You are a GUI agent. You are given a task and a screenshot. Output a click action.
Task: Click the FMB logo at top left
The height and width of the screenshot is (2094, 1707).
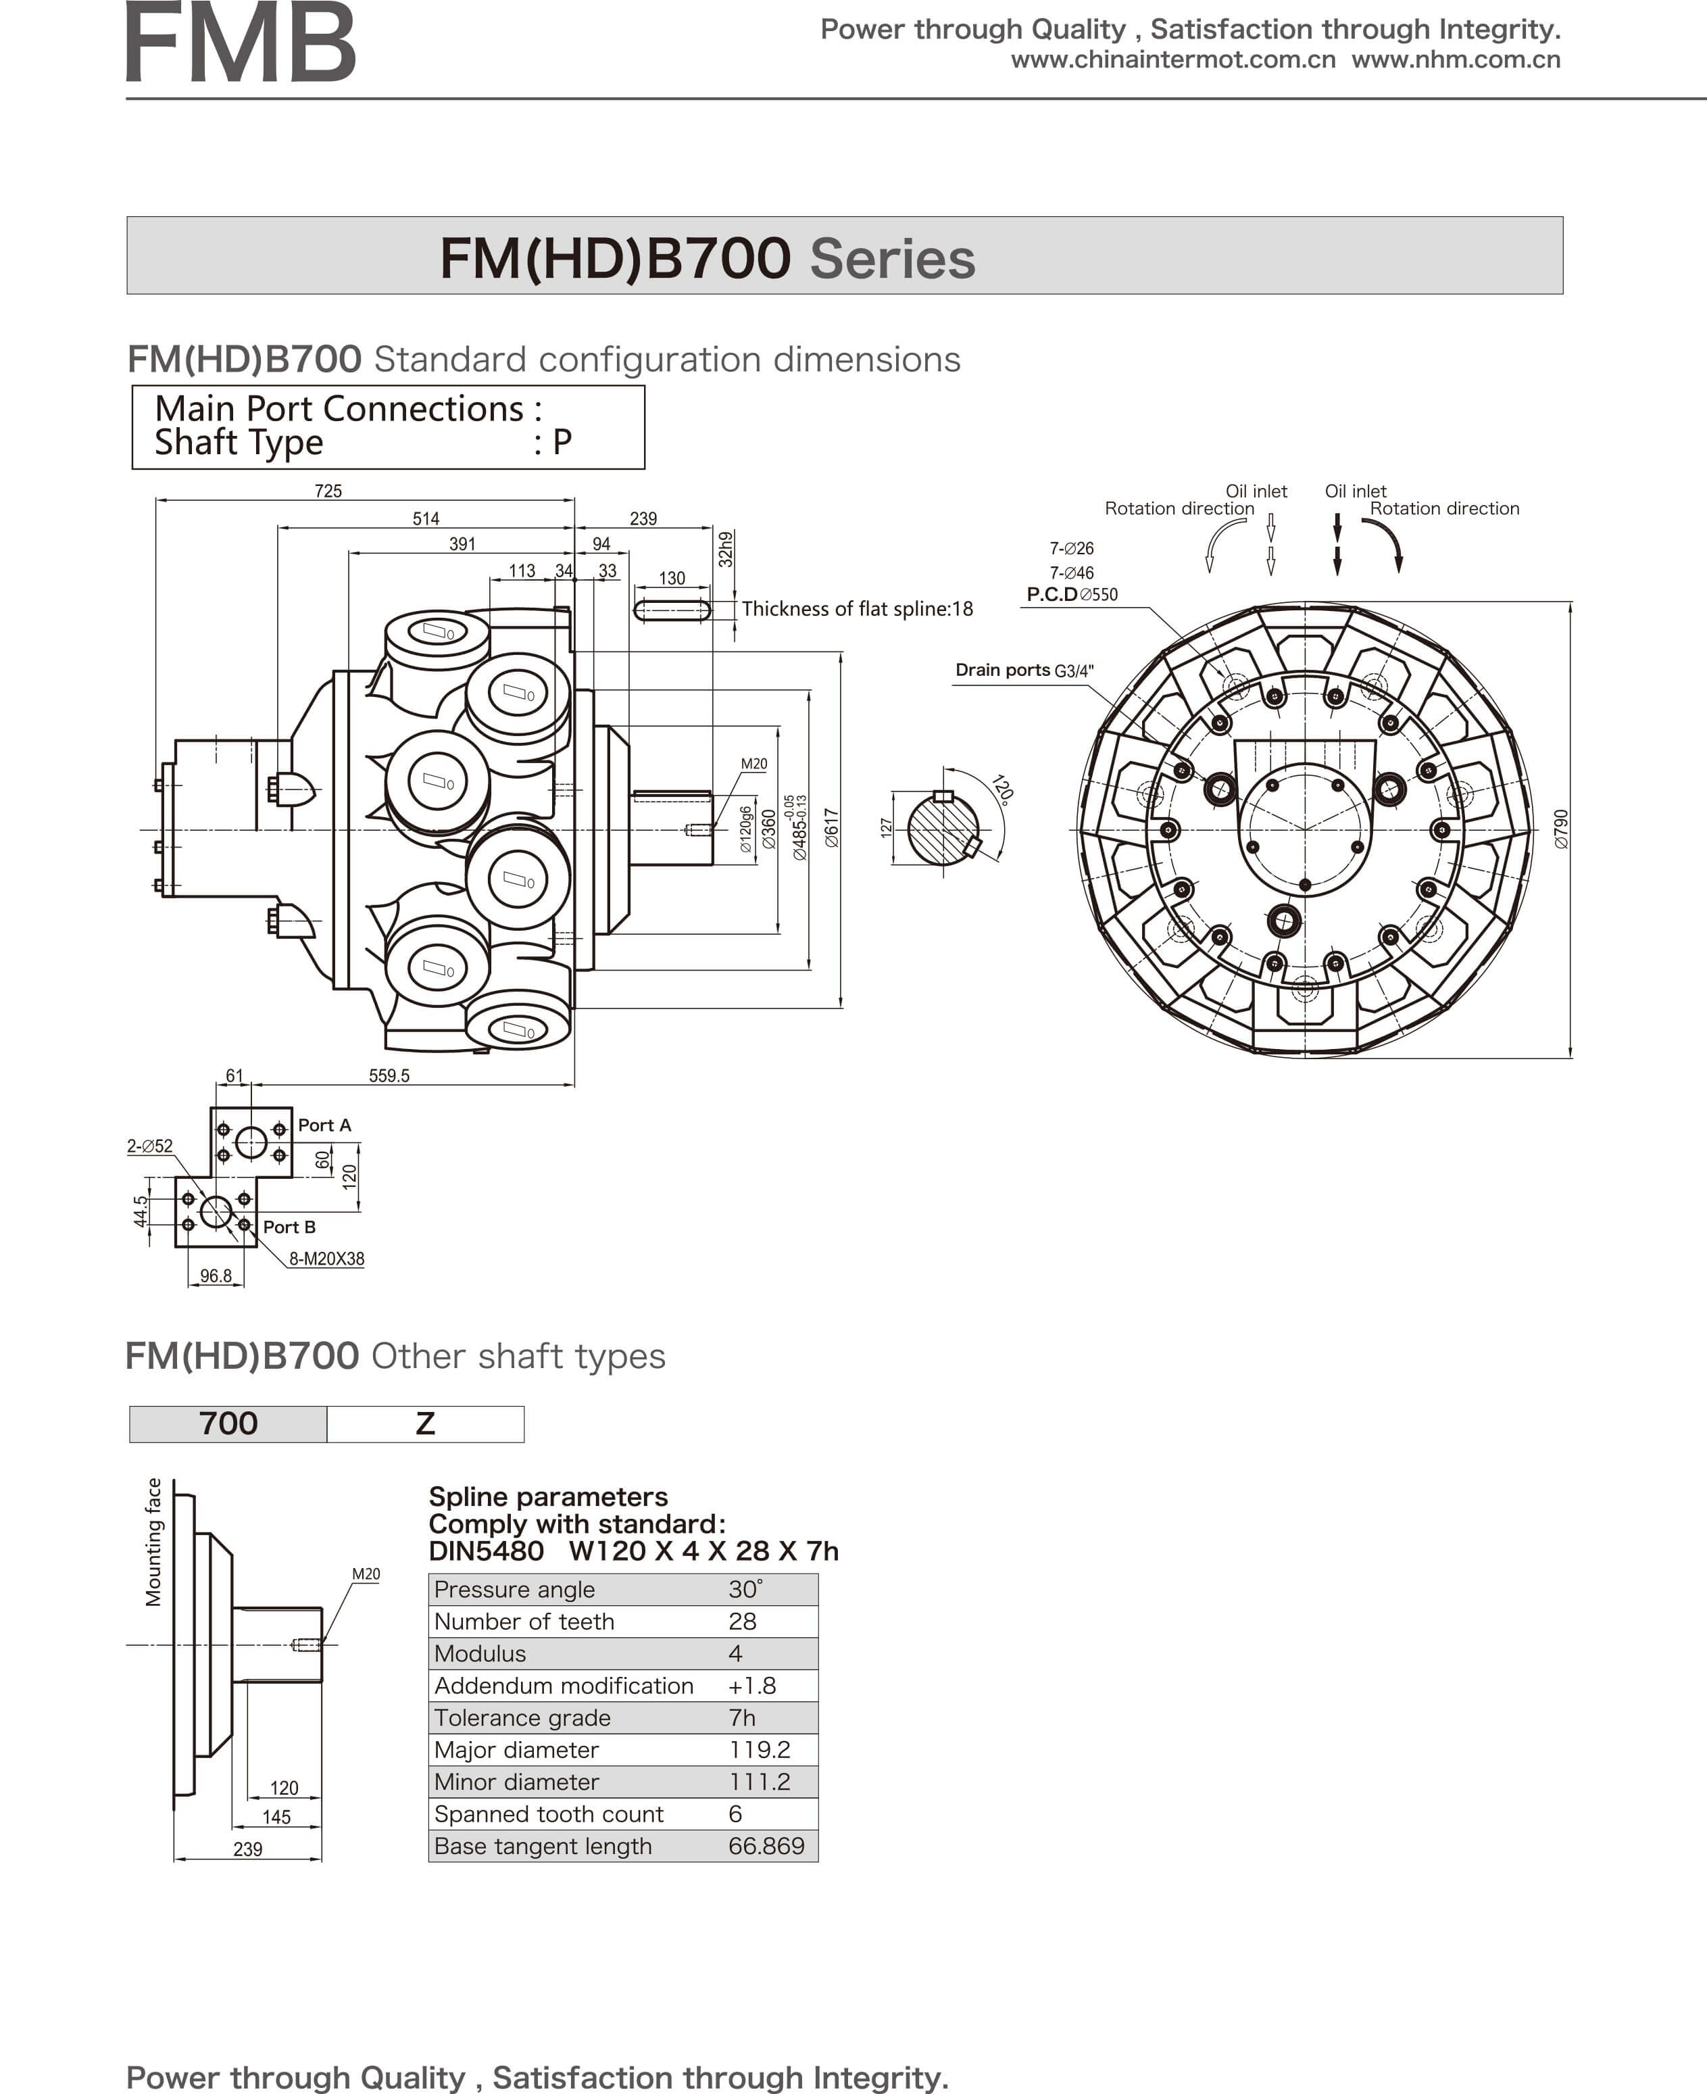point(241,44)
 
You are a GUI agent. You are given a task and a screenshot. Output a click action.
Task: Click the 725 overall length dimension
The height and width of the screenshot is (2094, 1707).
point(328,491)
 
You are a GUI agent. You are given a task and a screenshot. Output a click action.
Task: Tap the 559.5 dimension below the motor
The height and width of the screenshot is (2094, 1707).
point(389,1075)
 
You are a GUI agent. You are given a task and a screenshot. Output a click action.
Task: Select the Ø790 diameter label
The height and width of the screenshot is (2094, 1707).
point(1562,829)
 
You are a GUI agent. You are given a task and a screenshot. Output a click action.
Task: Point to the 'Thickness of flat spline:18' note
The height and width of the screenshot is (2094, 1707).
point(856,609)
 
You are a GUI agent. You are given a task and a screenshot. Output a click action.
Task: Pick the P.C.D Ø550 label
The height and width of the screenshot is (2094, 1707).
point(1072,594)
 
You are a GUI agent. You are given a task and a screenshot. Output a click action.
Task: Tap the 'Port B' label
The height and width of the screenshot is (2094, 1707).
point(289,1227)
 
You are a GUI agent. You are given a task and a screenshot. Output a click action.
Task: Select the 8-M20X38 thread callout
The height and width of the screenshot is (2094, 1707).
point(326,1258)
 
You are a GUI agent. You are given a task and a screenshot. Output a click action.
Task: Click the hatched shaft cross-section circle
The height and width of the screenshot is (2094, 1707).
point(942,830)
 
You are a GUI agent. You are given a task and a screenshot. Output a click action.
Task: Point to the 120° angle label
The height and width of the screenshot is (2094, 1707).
point(1002,789)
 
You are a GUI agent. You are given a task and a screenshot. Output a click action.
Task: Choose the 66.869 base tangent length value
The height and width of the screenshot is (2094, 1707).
point(766,1845)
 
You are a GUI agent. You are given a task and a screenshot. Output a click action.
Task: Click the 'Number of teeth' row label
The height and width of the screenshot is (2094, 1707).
point(524,1621)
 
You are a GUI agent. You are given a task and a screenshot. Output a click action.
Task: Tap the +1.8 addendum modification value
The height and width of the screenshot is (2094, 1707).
point(751,1685)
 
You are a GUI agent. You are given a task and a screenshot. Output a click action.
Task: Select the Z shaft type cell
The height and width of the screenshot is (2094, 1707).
point(425,1423)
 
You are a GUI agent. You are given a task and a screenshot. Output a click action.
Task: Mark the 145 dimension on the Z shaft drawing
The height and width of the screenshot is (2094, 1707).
point(276,1817)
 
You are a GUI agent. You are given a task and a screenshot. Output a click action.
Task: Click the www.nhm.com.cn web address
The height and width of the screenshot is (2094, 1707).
point(1456,60)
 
